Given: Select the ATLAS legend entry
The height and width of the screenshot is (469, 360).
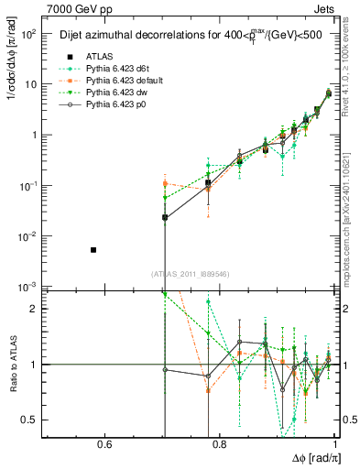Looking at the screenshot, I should coord(100,56).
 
